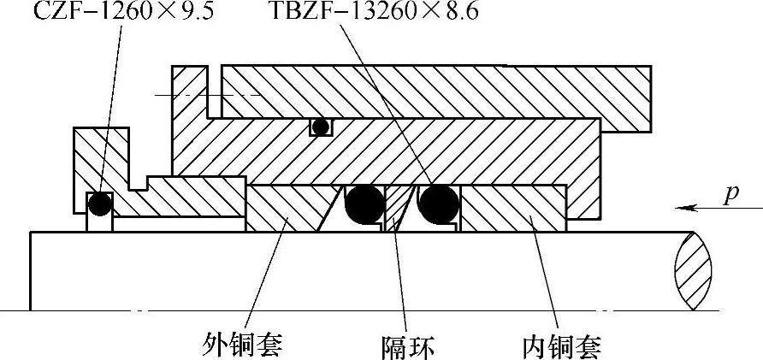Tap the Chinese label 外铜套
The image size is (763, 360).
[x=242, y=345]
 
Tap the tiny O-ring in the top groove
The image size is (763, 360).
[x=320, y=127]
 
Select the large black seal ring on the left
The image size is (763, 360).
[x=364, y=204]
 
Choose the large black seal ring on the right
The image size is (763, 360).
[x=440, y=204]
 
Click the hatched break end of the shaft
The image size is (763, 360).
[x=694, y=269]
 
